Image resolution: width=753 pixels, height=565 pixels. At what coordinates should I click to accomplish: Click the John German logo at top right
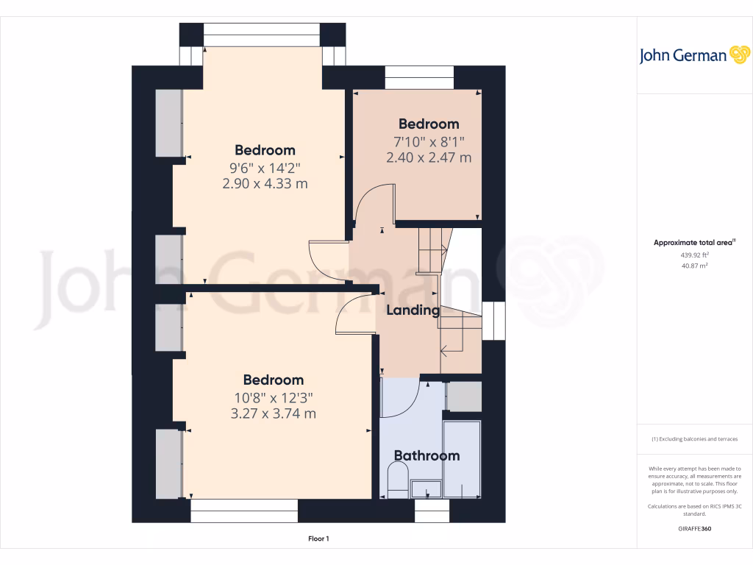[693, 55]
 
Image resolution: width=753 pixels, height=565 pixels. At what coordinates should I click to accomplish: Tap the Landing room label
[413, 310]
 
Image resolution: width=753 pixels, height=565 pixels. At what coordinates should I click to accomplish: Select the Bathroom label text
[427, 455]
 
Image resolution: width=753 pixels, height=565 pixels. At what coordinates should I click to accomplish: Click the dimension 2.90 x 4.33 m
[265, 184]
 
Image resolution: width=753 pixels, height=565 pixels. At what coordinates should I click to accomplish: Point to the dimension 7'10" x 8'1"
[429, 141]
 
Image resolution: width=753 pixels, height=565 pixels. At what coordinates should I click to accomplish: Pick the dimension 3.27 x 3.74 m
[273, 413]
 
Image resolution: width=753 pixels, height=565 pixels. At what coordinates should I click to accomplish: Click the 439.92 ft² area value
[695, 255]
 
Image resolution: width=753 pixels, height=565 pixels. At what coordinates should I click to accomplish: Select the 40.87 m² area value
[695, 266]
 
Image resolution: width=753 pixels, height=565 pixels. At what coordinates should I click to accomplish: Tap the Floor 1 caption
[318, 539]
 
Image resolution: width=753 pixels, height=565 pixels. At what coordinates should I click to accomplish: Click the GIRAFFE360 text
[695, 528]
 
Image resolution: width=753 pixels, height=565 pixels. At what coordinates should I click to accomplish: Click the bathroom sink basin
[426, 488]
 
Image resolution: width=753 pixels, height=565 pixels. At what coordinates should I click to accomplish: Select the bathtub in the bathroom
[462, 460]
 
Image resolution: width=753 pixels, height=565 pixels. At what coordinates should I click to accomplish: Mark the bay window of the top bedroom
[262, 34]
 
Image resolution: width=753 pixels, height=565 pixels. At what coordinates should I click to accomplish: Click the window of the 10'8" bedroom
[244, 511]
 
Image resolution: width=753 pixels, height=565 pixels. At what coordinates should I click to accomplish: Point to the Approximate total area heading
[695, 242]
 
